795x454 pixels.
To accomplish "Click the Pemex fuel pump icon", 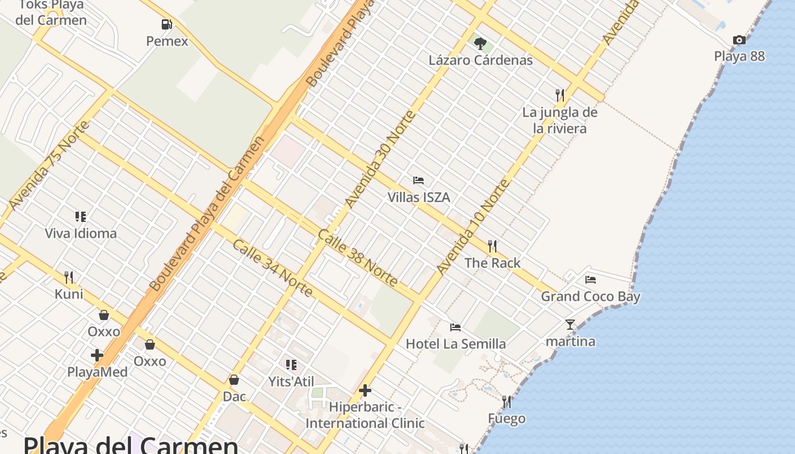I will [166, 24].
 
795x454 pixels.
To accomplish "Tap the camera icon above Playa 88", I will [739, 40].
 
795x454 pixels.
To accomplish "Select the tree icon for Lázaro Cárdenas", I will [480, 43].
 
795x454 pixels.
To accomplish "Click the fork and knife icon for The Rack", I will [492, 246].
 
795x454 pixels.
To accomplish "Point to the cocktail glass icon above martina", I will [570, 325].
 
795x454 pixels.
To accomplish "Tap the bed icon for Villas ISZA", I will [419, 180].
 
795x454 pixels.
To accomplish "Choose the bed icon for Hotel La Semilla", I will [455, 327].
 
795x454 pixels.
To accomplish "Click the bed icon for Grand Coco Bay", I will [591, 279].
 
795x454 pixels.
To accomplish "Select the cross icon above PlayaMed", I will [97, 355].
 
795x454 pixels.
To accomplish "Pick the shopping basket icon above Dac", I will [234, 379].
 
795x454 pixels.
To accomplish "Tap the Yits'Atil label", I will [291, 382].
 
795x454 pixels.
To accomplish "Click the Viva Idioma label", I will [81, 233].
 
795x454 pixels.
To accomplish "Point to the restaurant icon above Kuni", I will [69, 277].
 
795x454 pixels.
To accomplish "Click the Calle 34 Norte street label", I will [273, 268].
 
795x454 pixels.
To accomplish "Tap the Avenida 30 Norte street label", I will [380, 159].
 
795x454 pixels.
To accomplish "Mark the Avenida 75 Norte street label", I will [50, 165].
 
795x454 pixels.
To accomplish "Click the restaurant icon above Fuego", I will [507, 402].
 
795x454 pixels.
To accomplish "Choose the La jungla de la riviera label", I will [560, 120].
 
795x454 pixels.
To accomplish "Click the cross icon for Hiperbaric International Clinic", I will [365, 390].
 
